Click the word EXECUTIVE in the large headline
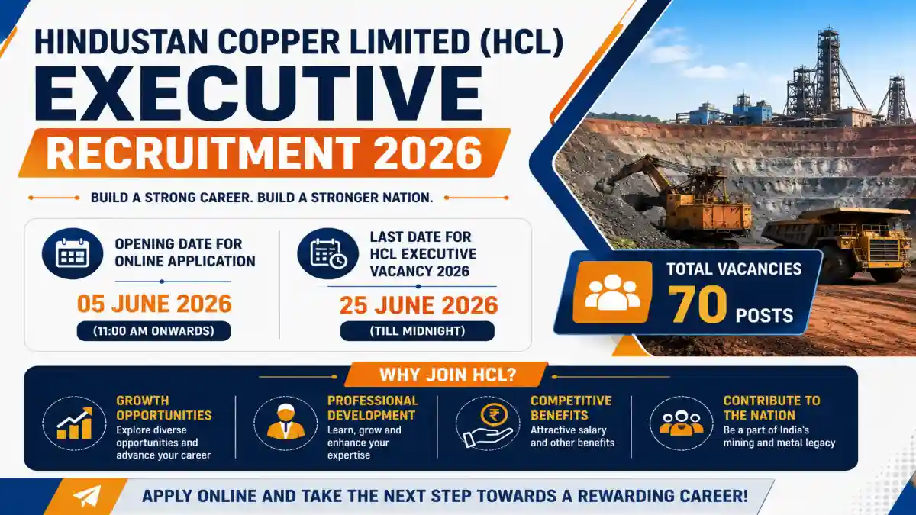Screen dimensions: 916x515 (259, 93)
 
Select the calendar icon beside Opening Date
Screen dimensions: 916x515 (73, 253)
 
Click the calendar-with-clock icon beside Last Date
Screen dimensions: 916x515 (328, 253)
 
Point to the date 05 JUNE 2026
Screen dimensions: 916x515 (154, 304)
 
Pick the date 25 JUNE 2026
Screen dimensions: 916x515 (419, 305)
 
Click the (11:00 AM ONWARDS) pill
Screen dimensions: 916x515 (153, 330)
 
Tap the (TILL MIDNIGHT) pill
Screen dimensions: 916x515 (417, 330)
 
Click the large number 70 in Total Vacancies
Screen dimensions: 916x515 (697, 304)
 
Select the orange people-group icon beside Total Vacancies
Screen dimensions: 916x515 (612, 292)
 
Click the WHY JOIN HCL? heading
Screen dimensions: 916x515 (448, 375)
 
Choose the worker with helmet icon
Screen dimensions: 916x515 (285, 423)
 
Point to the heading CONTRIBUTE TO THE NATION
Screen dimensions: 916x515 (772, 408)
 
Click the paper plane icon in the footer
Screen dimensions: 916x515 (87, 496)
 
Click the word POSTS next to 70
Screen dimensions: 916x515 (764, 316)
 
